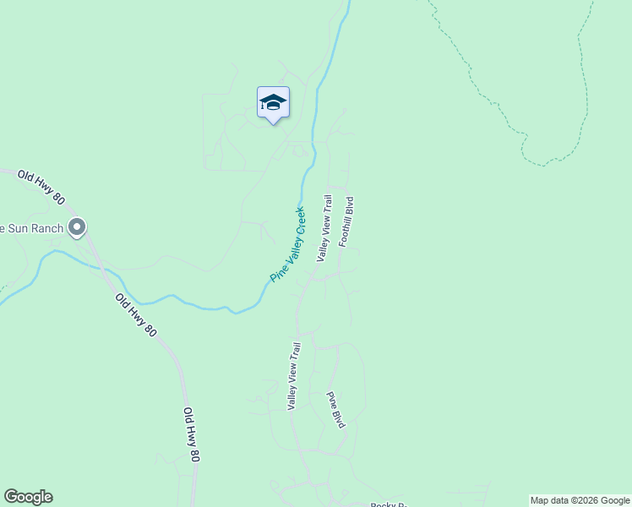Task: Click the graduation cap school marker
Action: pos(273,103)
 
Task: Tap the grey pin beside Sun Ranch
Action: pos(77,227)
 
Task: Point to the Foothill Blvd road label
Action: pos(346,221)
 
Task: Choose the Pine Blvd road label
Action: pos(336,409)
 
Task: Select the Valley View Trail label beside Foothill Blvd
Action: pos(324,227)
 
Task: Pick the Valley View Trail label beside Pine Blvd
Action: pos(294,376)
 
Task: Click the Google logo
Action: pos(28,497)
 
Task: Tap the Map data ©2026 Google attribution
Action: pos(580,500)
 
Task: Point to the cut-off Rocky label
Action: pos(389,504)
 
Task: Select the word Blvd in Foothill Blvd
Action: pos(348,207)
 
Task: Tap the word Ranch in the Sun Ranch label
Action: pos(48,228)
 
